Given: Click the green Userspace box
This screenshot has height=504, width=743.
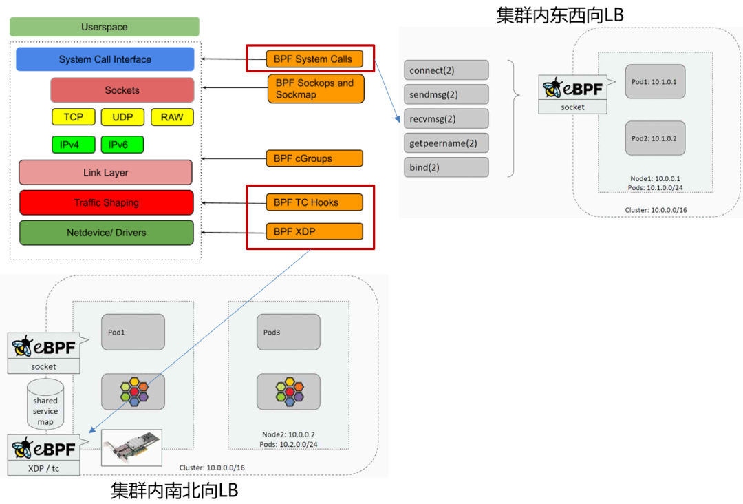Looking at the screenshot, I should tap(105, 27).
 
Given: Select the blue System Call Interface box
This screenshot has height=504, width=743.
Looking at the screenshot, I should tap(105, 59).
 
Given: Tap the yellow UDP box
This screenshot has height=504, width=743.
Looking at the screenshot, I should tap(122, 117).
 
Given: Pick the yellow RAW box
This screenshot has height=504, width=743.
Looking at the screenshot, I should tap(172, 117).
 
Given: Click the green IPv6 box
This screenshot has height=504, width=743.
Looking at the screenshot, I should tap(122, 145).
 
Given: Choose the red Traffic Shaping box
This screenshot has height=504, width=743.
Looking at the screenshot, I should tap(106, 202).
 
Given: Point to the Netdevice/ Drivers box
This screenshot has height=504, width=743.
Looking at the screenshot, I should tap(106, 233).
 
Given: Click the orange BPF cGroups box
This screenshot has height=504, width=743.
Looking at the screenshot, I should tap(314, 158).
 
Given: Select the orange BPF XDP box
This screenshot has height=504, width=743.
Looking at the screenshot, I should tap(314, 231).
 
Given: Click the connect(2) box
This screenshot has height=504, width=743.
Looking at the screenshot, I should tap(446, 70).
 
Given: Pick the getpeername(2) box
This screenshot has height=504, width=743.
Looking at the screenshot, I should tap(446, 143).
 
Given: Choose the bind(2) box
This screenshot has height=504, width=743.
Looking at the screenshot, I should tap(446, 167).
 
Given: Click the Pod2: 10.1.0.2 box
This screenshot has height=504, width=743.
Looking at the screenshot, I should tap(655, 138).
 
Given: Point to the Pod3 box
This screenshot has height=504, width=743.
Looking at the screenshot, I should tap(288, 332).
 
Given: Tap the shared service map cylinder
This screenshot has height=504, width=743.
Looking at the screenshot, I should tap(45, 406).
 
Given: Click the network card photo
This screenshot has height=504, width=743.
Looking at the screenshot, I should tap(131, 448).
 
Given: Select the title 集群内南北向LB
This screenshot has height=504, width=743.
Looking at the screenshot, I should tap(174, 490).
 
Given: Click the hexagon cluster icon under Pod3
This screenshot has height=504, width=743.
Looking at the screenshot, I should tap(288, 391).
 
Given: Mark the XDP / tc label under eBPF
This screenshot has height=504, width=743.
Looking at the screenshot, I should tap(43, 468).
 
